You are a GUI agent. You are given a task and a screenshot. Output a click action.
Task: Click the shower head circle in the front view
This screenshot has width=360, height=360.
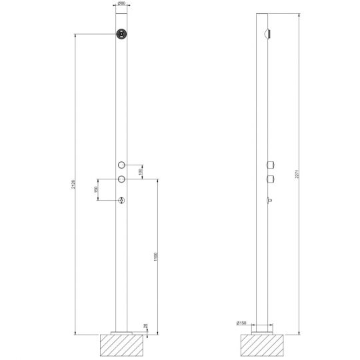[x=121, y=35]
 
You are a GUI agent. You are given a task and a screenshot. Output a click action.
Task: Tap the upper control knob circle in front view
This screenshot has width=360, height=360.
[x=121, y=165]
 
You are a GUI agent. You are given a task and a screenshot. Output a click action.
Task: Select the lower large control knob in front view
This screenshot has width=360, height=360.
[x=121, y=179]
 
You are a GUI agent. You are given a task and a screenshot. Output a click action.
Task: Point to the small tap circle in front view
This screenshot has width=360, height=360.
[x=121, y=201]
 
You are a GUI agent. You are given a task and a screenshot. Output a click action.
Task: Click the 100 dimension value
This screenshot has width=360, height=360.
[x=140, y=172]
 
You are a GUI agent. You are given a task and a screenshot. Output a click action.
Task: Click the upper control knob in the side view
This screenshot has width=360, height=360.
[x=269, y=165]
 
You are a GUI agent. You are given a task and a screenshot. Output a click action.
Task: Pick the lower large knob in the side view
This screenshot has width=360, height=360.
[x=269, y=179]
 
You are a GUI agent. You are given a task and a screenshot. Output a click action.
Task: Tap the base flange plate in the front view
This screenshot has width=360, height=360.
[x=121, y=331]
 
